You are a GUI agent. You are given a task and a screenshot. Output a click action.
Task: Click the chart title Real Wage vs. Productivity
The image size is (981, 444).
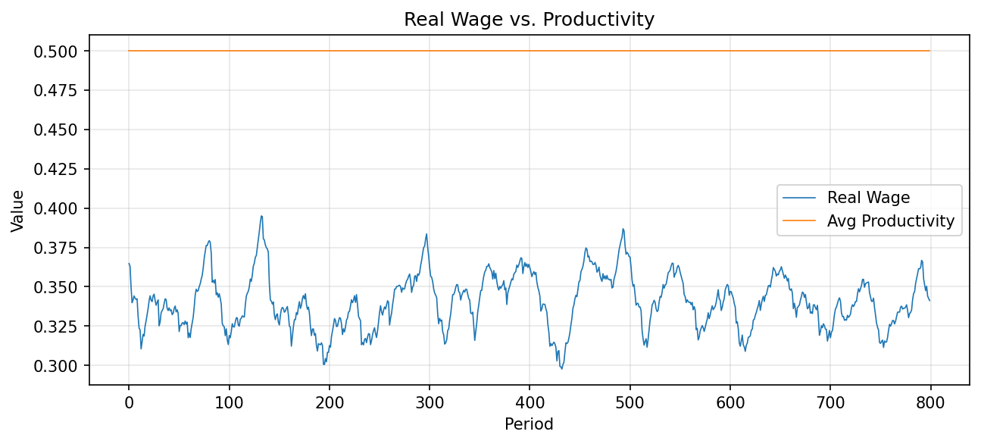(529, 20)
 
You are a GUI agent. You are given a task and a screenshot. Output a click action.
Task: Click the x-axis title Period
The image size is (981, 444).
(529, 424)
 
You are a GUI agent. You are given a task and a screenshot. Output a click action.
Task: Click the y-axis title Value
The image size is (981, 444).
(17, 211)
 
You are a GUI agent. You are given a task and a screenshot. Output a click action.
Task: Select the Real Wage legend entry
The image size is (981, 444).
(868, 198)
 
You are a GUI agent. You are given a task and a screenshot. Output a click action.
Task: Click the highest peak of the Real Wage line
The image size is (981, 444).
(261, 216)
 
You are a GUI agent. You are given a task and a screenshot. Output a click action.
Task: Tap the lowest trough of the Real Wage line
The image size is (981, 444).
(561, 368)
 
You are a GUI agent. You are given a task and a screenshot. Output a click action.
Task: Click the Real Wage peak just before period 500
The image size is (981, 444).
(623, 229)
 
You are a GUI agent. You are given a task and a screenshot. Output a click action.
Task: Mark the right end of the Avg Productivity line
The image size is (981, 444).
(929, 51)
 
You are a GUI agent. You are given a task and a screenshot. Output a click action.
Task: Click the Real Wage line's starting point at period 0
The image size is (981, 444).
(129, 264)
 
